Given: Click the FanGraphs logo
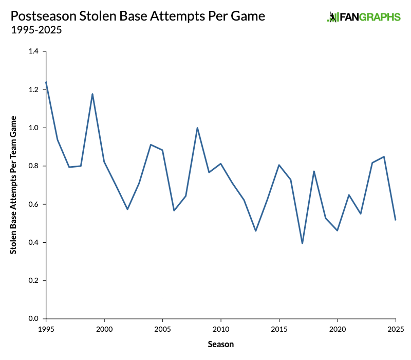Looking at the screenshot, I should coord(364,17).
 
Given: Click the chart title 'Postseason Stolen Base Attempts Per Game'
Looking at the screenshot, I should coord(138,16).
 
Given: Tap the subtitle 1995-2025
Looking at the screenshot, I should coord(36,30).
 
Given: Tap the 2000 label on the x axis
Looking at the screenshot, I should coord(104,328).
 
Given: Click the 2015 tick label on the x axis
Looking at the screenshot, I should coord(279,328).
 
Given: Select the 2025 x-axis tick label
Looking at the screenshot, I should coord(396,328).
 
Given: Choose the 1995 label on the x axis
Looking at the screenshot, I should coord(46,328).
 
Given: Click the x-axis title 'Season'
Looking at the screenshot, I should coord(221,344).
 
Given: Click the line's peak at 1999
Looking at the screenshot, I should coord(92,94).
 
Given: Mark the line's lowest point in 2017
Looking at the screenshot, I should coord(302,243).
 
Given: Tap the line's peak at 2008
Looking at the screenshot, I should coord(197,128).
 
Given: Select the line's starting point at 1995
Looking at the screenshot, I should coord(46,82).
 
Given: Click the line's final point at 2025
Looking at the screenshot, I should coord(396,220).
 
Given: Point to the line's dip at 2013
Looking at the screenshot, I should coord(255,230).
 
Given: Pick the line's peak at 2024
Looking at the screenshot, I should coord(384,156).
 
